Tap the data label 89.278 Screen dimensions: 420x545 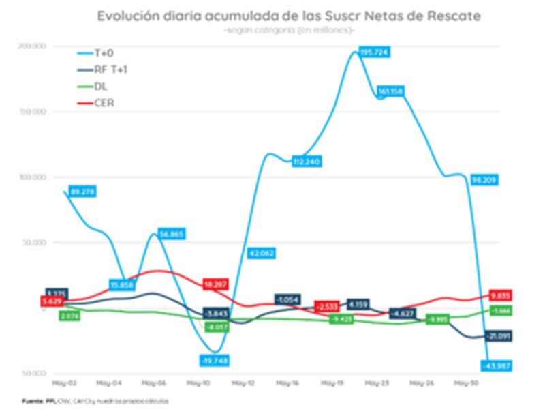click(81, 192)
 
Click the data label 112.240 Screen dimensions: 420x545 click(306, 162)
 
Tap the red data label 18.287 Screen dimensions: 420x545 click(216, 283)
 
